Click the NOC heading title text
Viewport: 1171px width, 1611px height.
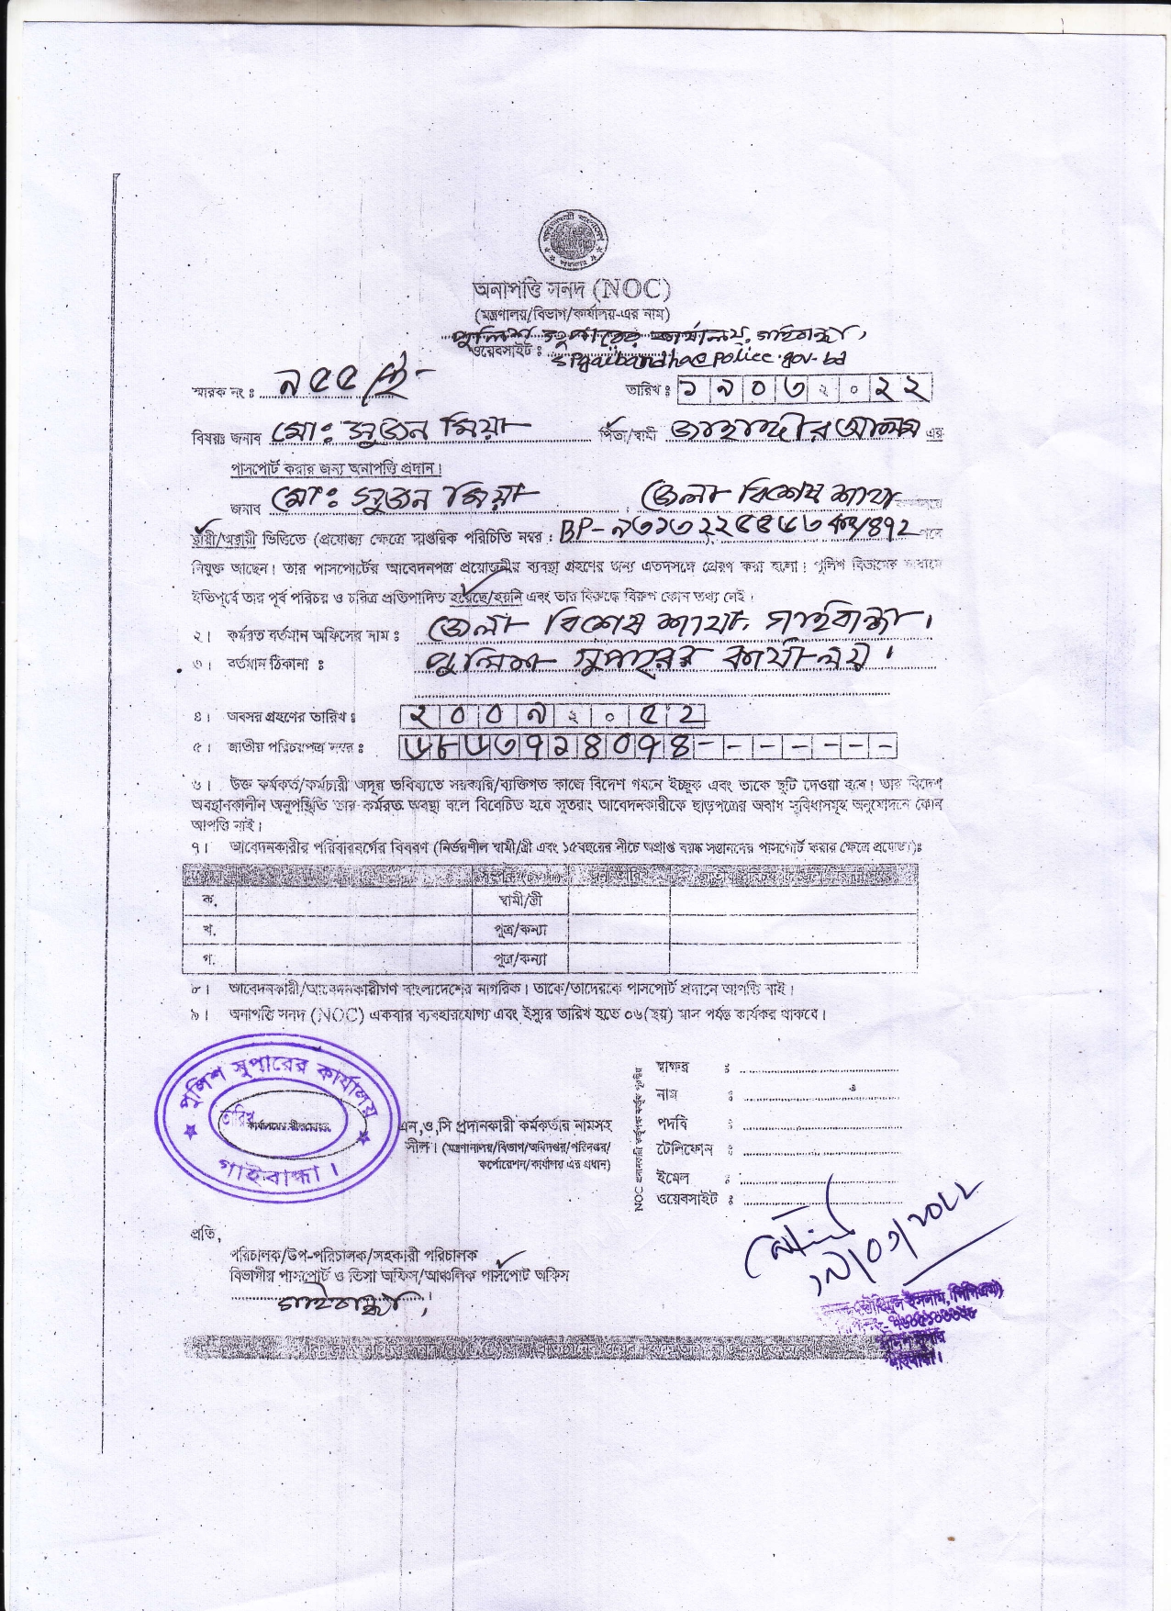tap(572, 290)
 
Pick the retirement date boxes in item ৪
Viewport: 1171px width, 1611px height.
tap(553, 715)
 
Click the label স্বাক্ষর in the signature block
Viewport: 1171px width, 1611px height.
tap(674, 1068)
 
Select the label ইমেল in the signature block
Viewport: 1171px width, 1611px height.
tap(673, 1177)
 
